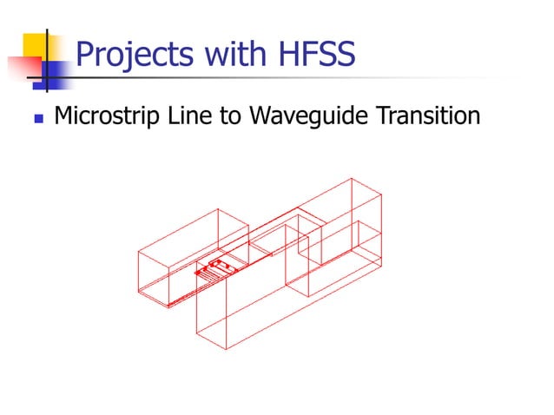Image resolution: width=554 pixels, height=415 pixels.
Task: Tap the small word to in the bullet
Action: coord(228,115)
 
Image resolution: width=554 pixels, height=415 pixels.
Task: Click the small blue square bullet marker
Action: coord(36,116)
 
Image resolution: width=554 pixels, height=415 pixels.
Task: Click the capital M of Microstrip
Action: coord(63,115)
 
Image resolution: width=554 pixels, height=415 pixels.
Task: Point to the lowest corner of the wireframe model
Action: coord(228,349)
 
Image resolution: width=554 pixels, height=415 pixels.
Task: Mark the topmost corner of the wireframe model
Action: coord(351,178)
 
